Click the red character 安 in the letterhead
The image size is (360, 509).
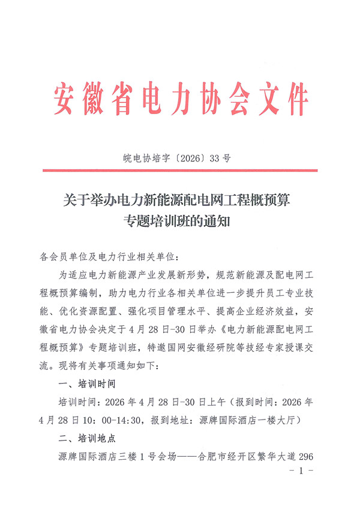pyautogui.click(x=68, y=99)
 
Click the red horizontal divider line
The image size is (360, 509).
pyautogui.click(x=180, y=171)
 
